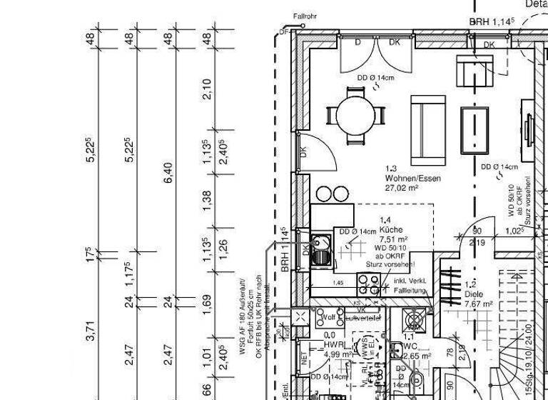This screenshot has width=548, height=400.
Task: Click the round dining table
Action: pyautogui.click(x=355, y=115)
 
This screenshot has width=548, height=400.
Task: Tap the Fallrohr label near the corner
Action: pyautogui.click(x=305, y=16)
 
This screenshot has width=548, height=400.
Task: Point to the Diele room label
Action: pyautogui.click(x=475, y=293)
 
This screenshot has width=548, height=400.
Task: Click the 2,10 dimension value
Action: pyautogui.click(x=208, y=89)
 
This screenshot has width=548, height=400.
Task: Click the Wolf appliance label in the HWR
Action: pyautogui.click(x=329, y=316)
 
